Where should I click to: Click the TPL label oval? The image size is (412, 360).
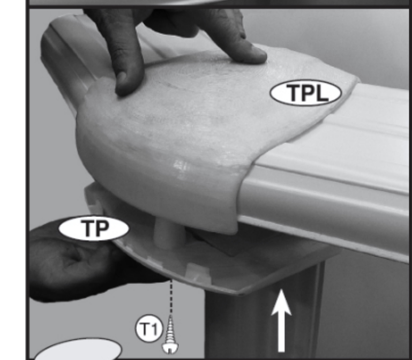point(306,93)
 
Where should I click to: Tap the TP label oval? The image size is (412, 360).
point(94,228)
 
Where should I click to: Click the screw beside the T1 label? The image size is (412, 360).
point(170,335)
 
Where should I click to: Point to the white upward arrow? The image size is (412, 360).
point(281,320)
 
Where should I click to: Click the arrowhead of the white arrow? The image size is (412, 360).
point(281,302)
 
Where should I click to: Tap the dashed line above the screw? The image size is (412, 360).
point(171,297)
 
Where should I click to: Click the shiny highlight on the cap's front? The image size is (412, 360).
point(179,166)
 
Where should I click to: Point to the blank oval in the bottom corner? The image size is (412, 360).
point(79,349)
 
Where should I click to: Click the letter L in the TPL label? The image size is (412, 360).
point(323,93)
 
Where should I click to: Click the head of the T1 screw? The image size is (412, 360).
point(170,348)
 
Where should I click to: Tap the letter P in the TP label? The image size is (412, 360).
point(101,229)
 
